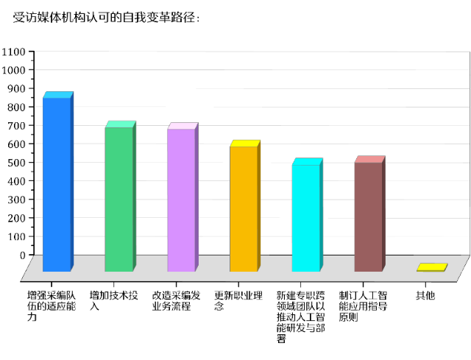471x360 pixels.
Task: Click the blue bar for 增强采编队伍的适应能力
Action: [x=57, y=184]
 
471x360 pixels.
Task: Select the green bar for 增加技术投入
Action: [x=118, y=199]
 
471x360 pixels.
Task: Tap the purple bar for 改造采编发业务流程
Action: [x=181, y=200]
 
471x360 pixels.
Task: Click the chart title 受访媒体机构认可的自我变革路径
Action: [x=107, y=17]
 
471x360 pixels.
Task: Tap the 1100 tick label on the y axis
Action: [x=14, y=52]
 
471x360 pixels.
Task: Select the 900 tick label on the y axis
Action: [x=17, y=88]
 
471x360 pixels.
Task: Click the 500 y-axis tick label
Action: [x=17, y=162]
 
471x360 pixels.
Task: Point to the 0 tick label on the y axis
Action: [x=22, y=255]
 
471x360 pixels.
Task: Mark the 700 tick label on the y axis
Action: [x=17, y=125]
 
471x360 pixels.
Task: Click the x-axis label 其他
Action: [x=425, y=295]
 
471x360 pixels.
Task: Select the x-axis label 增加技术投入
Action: [x=113, y=300]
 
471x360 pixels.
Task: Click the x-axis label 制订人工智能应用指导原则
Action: [x=363, y=306]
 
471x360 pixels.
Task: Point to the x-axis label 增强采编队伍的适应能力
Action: [x=51, y=306]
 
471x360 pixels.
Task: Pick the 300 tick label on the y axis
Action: [x=17, y=200]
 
